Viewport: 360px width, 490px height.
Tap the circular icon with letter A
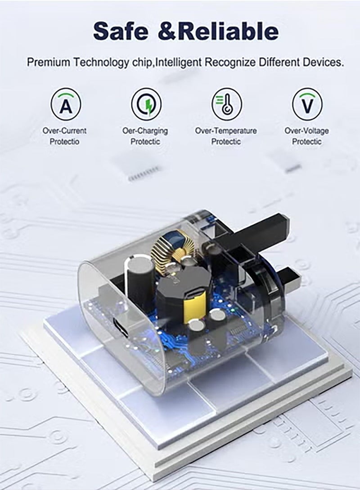66,104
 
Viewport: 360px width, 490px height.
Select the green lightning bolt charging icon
146,104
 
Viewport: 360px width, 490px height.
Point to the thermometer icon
227,104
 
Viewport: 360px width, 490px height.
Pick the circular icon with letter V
307,104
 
